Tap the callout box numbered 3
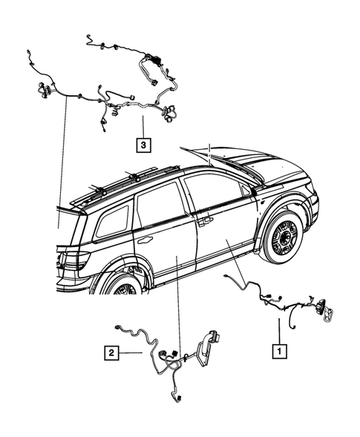click(141, 144)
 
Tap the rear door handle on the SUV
click(145, 240)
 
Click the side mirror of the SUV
click(255, 192)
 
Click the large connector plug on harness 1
click(324, 311)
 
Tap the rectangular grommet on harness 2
click(215, 340)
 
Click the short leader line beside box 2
click(131, 353)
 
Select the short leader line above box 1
click(279, 329)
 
